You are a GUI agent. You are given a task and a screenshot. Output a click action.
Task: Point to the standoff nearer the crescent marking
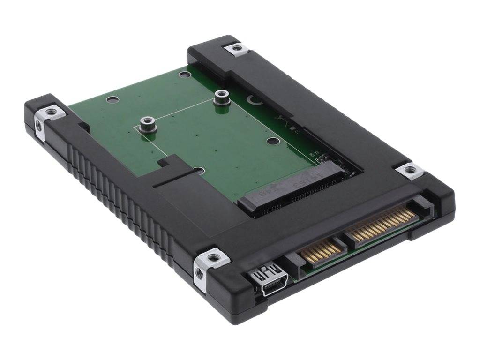pyautogui.click(x=219, y=97)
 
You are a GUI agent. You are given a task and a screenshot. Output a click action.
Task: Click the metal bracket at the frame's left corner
pyautogui.click(x=50, y=112)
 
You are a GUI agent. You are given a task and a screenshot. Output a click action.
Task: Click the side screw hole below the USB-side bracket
pyautogui.click(x=200, y=274)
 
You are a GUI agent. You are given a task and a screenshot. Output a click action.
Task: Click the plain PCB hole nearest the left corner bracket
pyautogui.click(x=112, y=99)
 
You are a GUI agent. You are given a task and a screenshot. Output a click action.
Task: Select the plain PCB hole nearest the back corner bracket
pyautogui.click(x=185, y=75)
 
